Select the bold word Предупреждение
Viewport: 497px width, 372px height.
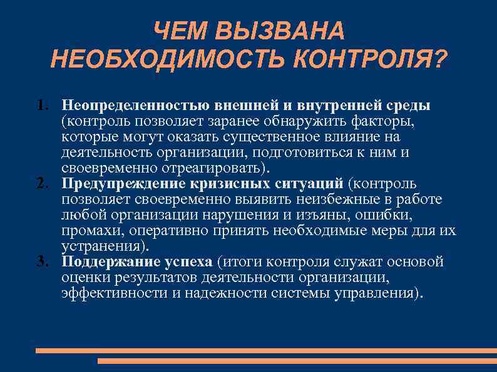point(123,184)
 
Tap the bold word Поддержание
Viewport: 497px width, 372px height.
point(112,261)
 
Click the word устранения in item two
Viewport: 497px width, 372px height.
point(100,246)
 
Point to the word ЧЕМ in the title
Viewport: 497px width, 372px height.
point(182,32)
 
